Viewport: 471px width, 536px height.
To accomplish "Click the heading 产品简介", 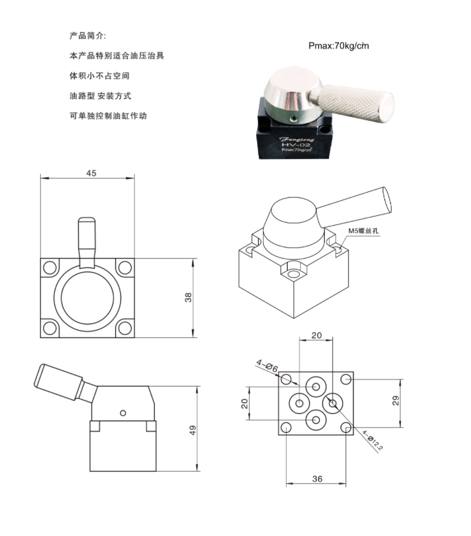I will click(x=88, y=36).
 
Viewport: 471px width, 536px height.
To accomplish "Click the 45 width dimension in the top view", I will click(x=91, y=173).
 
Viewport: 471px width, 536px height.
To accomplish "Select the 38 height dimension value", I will click(x=188, y=297).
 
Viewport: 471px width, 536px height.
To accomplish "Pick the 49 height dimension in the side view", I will click(x=192, y=430).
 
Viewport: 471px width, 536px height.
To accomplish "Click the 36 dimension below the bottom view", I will click(x=317, y=479).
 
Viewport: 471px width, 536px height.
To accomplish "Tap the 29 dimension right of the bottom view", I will click(x=396, y=401).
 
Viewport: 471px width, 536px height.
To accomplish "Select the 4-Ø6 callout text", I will click(x=267, y=366).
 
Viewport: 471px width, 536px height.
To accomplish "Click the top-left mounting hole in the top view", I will click(x=50, y=267).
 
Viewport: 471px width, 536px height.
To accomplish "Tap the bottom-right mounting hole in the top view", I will click(x=124, y=328).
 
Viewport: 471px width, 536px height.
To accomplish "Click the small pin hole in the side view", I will click(x=123, y=411).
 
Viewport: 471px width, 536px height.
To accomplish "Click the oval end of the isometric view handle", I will click(x=386, y=200).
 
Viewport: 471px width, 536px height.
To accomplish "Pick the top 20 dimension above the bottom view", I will click(x=317, y=335).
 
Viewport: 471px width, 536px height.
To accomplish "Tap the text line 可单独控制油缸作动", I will click(x=108, y=116).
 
